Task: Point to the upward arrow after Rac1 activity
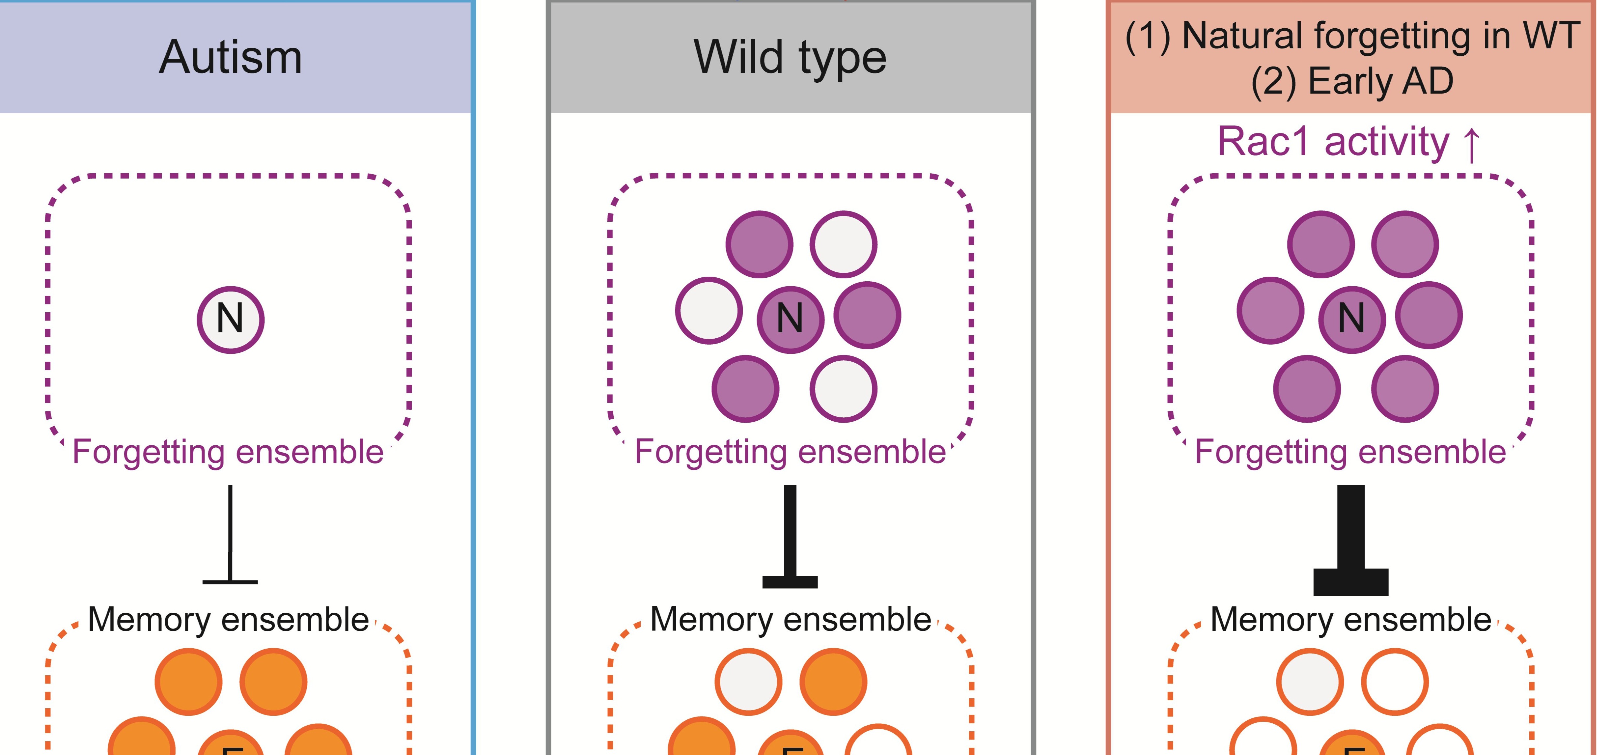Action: click(1472, 144)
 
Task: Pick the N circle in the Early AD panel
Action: click(1351, 320)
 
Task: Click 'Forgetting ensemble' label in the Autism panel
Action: click(228, 452)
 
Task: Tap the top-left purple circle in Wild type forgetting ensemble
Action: click(759, 244)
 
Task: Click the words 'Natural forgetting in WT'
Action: click(1381, 36)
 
